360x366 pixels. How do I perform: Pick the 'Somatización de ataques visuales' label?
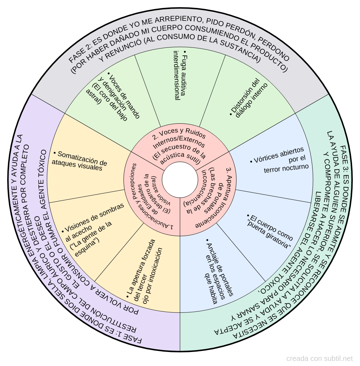click(x=79, y=161)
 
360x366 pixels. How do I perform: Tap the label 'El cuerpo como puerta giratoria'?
click(x=269, y=231)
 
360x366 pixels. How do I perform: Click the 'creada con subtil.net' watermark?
click(x=319, y=358)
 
